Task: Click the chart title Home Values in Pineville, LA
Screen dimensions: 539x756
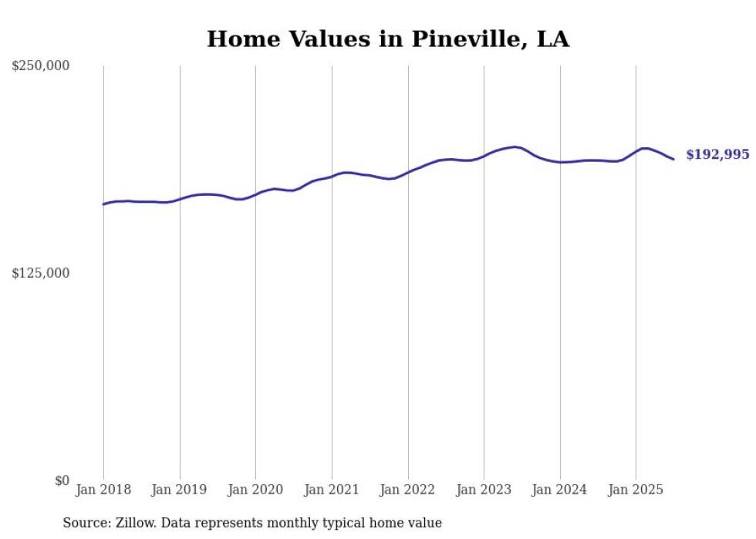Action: click(388, 39)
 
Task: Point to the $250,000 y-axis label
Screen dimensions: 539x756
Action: click(41, 66)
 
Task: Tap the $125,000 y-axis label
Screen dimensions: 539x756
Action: click(41, 273)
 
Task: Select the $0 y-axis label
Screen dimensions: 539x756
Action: click(62, 480)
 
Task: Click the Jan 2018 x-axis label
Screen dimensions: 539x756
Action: click(103, 490)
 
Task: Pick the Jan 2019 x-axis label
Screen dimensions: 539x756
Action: click(180, 490)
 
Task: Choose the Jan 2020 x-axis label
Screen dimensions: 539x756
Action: click(255, 490)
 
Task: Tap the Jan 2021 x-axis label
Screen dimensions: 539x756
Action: click(332, 490)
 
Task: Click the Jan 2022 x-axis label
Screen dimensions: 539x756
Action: click(408, 490)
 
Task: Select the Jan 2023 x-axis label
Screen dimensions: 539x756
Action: click(484, 490)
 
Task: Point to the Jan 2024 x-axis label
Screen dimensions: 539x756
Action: click(560, 490)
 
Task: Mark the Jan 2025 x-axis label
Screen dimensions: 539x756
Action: click(636, 490)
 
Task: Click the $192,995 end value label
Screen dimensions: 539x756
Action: click(717, 155)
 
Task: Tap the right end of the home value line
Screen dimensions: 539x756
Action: click(673, 159)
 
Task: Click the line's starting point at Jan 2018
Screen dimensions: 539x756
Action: click(103, 204)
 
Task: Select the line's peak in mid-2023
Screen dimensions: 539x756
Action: click(515, 147)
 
